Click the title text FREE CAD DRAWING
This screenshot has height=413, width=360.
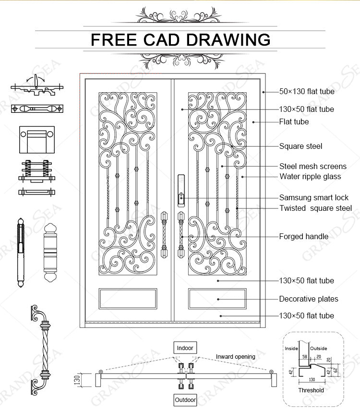click(x=180, y=39)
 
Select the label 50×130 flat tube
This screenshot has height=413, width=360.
click(x=307, y=91)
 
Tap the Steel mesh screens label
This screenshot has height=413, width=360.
click(x=312, y=166)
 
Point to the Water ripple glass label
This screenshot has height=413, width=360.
click(x=310, y=176)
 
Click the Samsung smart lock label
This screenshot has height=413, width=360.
click(x=314, y=197)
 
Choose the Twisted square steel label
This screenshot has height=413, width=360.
click(x=315, y=208)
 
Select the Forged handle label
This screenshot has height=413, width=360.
click(x=304, y=236)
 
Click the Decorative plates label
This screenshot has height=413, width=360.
click(x=309, y=299)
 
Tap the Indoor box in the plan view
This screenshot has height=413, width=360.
click(x=185, y=348)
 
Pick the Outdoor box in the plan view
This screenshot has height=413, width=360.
click(x=185, y=400)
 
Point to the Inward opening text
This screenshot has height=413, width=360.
click(x=235, y=357)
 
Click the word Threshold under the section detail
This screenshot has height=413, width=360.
click(x=311, y=390)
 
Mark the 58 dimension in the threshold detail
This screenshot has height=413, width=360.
click(x=304, y=357)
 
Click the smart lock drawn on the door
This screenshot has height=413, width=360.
click(x=180, y=197)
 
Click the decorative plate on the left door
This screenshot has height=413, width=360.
click(x=128, y=298)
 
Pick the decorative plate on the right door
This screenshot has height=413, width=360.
click(x=217, y=298)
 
